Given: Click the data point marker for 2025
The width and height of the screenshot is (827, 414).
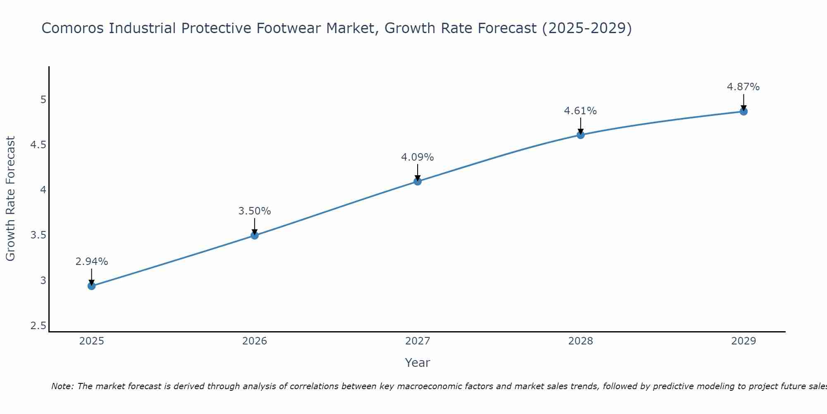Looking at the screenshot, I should pos(92,286).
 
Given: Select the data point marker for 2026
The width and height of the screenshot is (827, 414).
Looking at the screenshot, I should pos(255,236).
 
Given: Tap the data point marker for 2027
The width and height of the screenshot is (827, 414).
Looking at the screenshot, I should pos(418,181).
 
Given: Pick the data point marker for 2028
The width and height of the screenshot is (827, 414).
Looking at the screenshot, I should pos(581,135).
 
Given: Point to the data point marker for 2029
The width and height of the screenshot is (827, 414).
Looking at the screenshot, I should pos(743,111).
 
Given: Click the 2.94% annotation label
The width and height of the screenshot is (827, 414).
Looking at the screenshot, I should pos(92,262).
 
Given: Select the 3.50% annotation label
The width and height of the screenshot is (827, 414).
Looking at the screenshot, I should pos(255,211).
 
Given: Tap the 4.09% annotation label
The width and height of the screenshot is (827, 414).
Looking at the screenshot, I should pos(418,157).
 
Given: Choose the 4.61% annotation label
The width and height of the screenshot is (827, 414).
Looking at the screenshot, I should pos(581,111).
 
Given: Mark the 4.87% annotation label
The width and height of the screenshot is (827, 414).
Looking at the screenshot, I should pos(743,87).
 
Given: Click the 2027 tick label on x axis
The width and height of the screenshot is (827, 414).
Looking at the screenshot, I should pos(418,341).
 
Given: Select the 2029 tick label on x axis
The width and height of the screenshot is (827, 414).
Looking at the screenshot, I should pos(743,341).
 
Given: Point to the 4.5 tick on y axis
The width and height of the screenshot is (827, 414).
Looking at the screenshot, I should pos(38,145).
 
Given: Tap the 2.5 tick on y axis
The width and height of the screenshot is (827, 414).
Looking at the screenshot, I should pos(38,326).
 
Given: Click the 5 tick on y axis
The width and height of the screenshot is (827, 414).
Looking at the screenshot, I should pos(43,100).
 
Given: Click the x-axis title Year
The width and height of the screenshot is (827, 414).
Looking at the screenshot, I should pos(418,363).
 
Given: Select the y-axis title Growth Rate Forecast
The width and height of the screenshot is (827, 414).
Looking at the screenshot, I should pos(11,199).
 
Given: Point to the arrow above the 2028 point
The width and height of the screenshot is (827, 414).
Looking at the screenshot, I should pos(581,125).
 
